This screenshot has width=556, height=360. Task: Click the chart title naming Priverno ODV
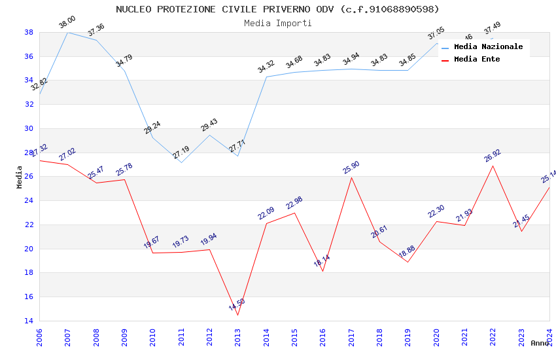click(277, 9)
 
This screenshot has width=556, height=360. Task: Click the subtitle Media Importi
click(277, 23)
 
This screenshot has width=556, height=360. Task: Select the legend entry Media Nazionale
click(488, 46)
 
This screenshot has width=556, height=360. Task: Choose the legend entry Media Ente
click(477, 59)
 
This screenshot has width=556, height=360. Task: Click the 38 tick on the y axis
click(29, 32)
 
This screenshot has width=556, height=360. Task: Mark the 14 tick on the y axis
click(29, 321)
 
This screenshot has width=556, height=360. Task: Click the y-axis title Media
click(20, 177)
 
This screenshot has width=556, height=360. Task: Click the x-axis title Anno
click(540, 343)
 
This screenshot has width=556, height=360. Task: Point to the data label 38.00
click(67, 23)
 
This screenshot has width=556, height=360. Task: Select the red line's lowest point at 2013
click(237, 315)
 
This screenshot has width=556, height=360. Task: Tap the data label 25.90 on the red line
click(351, 168)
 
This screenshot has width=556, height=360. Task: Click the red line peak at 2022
click(493, 166)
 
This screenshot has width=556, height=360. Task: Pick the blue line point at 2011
click(181, 162)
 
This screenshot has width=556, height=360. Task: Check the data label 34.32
click(266, 67)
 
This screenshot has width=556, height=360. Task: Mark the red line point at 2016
click(322, 271)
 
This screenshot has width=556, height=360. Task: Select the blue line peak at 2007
click(67, 32)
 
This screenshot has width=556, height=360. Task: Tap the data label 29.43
click(209, 125)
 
